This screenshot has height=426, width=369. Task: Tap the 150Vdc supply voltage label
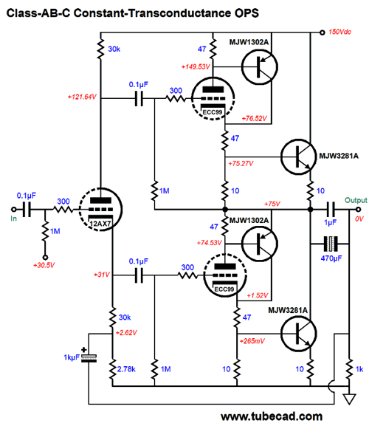click(339, 32)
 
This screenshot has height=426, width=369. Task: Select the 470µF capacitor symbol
click(331, 244)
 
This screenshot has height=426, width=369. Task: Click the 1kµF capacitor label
click(72, 357)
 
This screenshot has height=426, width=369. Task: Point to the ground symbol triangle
click(349, 399)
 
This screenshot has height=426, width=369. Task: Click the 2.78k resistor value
click(126, 369)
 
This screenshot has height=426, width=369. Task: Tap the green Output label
click(356, 201)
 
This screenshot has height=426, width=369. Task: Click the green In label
click(13, 219)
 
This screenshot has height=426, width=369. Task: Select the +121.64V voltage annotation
click(82, 97)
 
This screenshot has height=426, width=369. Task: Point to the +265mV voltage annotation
click(252, 341)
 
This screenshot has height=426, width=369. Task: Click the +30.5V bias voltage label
click(44, 265)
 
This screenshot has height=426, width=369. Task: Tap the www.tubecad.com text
click(272, 416)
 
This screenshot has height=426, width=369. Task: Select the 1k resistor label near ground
click(359, 369)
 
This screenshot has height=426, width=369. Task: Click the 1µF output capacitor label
click(330, 222)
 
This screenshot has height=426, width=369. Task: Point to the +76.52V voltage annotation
click(255, 118)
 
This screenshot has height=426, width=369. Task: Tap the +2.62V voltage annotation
click(126, 332)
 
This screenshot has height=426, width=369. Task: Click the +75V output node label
click(272, 204)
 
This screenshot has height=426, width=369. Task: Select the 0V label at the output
click(359, 219)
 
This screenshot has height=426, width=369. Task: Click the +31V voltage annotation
click(102, 275)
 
